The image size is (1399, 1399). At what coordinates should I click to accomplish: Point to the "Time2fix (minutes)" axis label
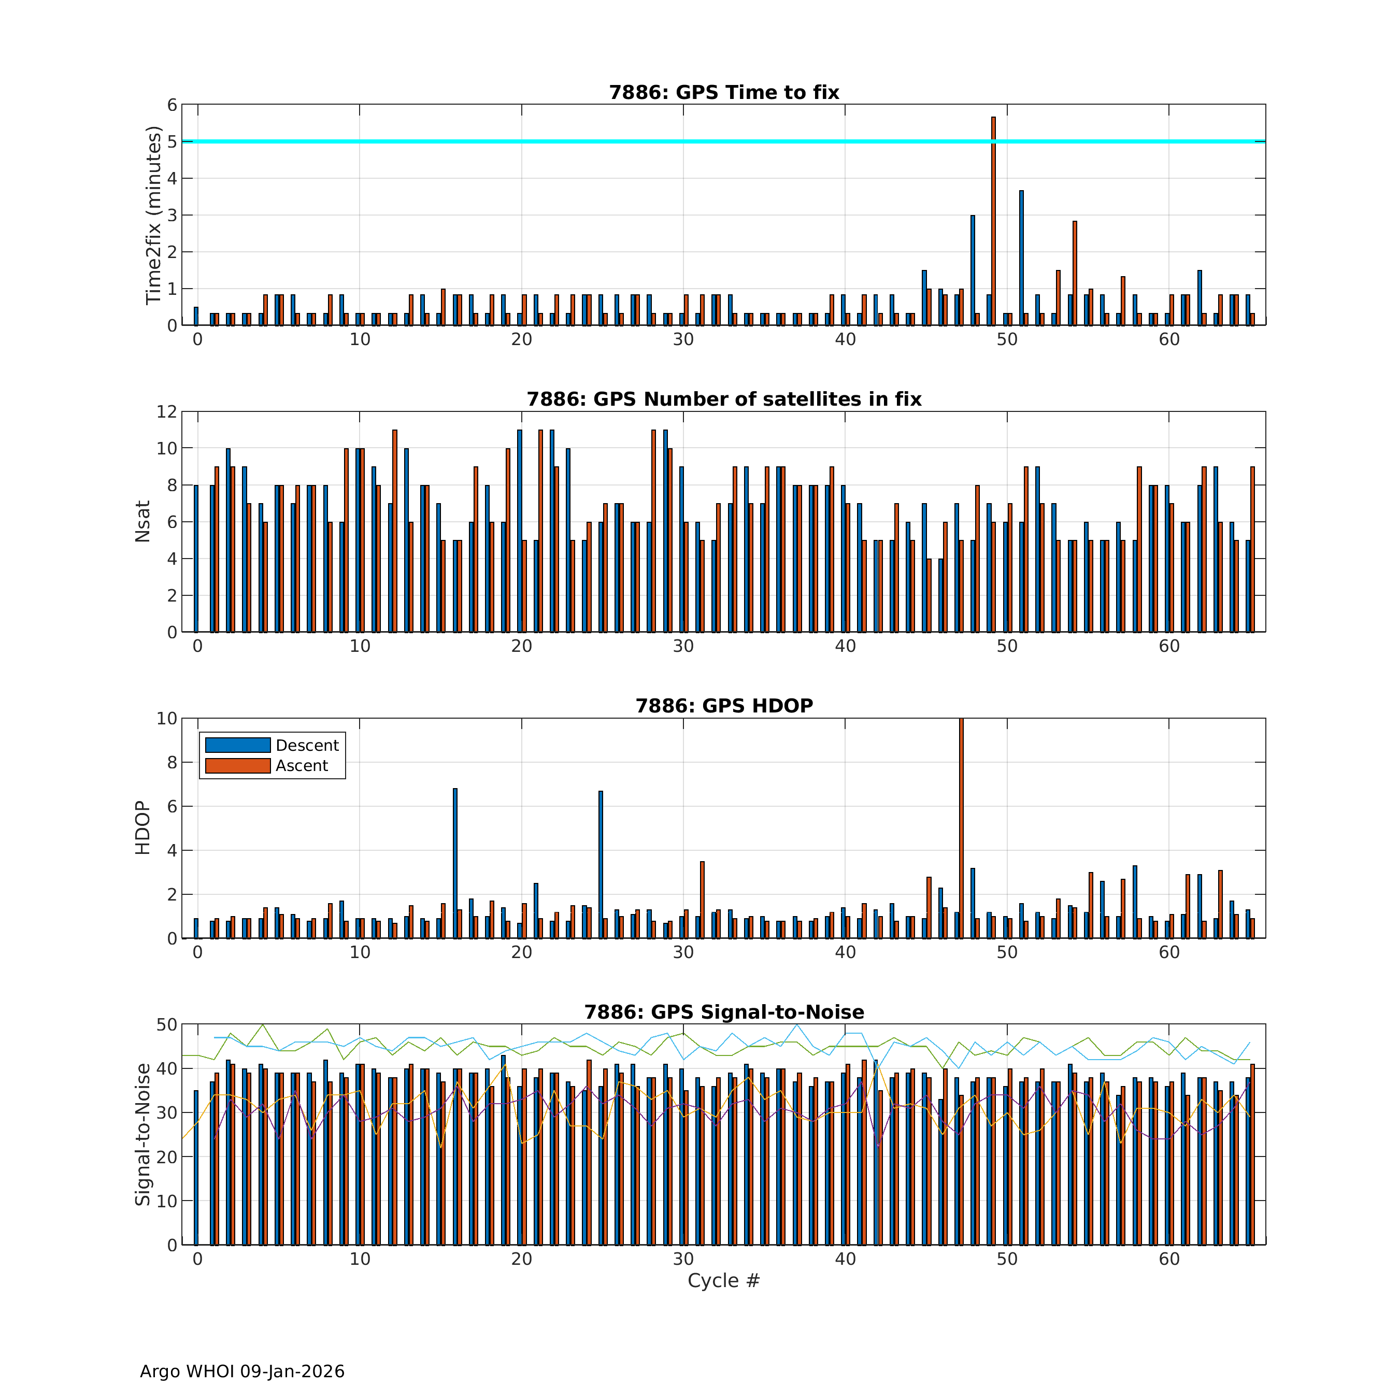[153, 215]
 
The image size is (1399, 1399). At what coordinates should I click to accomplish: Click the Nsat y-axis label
[142, 521]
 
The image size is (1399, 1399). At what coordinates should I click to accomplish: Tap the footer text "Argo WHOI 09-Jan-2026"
[242, 1372]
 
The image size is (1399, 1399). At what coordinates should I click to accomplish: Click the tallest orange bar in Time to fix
[993, 217]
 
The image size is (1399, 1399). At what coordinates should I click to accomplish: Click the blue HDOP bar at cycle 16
[455, 862]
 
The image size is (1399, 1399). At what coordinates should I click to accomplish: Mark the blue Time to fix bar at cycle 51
[1021, 257]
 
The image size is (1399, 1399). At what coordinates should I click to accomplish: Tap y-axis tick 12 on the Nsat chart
[166, 411]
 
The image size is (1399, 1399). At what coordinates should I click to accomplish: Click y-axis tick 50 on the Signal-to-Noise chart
[166, 1024]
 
